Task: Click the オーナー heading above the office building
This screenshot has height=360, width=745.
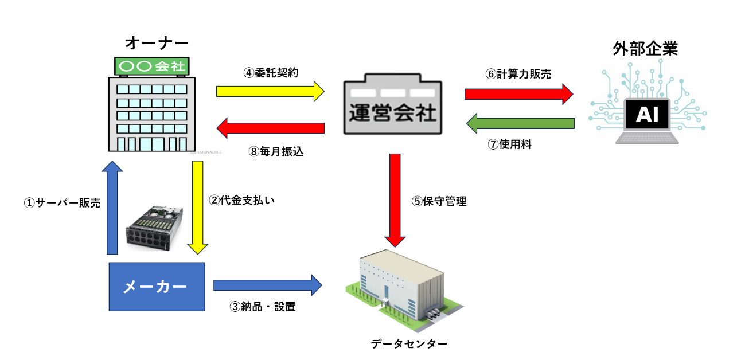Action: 156,43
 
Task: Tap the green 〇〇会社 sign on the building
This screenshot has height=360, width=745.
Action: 152,66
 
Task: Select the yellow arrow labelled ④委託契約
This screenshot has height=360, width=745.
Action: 270,91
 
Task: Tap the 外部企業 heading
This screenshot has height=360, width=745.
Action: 645,49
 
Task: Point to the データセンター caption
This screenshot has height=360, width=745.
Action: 408,344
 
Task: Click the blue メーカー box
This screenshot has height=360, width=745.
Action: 157,287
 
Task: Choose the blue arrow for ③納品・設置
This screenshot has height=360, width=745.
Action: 267,285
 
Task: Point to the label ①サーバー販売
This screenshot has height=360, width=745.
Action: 62,203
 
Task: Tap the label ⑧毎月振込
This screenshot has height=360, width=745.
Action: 276,152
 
